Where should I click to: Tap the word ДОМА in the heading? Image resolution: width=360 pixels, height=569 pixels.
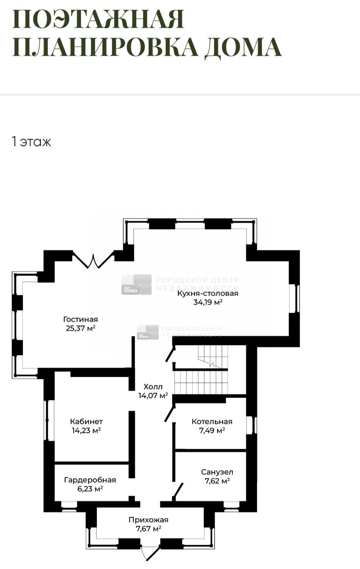tap(243, 47)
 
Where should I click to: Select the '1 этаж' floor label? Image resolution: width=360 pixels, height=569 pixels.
tap(31, 142)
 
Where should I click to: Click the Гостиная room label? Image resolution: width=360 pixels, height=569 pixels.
tap(81, 319)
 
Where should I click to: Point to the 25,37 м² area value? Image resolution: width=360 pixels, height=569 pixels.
tap(81, 328)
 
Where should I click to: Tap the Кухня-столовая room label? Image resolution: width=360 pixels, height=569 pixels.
tap(208, 293)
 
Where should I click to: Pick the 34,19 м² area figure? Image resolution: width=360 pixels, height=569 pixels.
tap(208, 302)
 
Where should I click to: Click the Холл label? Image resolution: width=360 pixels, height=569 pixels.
tap(153, 387)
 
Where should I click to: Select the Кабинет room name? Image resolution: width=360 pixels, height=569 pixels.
tap(86, 422)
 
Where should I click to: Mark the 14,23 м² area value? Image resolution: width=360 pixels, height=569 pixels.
tap(86, 431)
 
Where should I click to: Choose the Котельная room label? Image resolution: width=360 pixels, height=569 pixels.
tap(212, 422)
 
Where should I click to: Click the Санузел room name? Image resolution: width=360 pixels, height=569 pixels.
tap(217, 472)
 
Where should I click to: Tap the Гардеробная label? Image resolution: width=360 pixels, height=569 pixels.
tap(90, 480)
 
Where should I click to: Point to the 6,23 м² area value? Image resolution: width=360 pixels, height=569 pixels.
tap(90, 489)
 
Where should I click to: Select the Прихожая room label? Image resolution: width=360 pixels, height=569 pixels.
tap(148, 520)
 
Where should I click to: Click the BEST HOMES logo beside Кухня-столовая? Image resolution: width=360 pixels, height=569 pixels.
tap(136, 284)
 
